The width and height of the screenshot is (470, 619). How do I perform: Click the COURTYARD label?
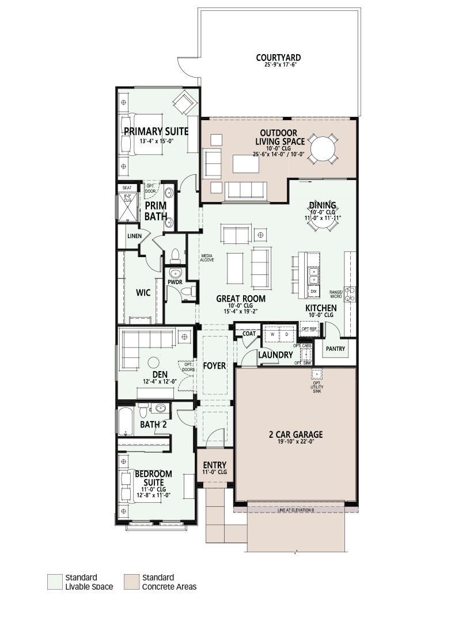click(278, 58)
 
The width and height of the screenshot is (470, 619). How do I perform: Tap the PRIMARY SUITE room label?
click(156, 132)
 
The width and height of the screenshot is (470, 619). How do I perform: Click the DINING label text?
click(323, 205)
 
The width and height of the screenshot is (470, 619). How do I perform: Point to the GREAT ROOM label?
click(241, 299)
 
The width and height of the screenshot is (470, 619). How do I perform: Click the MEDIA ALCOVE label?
click(207, 258)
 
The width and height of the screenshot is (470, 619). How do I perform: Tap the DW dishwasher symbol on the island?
click(313, 292)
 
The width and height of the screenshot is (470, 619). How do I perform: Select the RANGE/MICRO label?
click(336, 294)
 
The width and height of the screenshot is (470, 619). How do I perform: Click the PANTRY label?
click(335, 349)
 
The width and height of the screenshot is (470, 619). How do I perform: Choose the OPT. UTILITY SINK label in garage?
click(317, 387)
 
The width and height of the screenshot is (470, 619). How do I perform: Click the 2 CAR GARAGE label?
click(295, 435)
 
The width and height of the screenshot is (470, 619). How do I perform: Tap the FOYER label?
click(215, 366)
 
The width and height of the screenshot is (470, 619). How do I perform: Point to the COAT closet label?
click(249, 334)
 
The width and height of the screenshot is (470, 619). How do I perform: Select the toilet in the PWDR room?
click(188, 292)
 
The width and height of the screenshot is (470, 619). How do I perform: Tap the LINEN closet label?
click(134, 236)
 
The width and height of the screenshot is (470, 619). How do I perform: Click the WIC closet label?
click(143, 293)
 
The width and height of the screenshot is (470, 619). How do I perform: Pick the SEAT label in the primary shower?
click(127, 188)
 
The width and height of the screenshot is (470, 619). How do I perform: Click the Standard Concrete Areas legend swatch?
click(131, 582)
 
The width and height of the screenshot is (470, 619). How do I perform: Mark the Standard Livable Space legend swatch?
click(55, 582)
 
